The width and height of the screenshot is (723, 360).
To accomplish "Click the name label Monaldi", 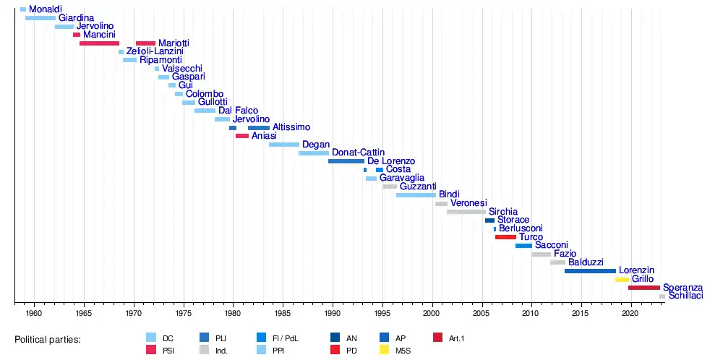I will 45,9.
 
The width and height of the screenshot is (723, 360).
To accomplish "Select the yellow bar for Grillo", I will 622,279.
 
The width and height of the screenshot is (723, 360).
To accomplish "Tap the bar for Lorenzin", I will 590,270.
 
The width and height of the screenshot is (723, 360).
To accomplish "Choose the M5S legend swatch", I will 384,350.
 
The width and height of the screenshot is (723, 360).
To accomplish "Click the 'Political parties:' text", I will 48,339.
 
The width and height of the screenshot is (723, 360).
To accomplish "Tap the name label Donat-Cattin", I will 358,153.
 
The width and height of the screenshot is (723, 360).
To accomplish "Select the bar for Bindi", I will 416,194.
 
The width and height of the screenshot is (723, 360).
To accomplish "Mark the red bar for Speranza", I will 643,288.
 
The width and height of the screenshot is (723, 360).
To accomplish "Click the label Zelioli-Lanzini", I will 155,51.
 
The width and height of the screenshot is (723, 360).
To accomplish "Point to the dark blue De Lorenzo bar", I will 346,160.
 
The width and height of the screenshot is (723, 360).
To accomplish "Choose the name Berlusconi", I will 521,228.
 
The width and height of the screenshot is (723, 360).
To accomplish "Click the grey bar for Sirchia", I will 466,212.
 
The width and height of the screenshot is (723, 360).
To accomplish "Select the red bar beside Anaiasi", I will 241,135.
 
